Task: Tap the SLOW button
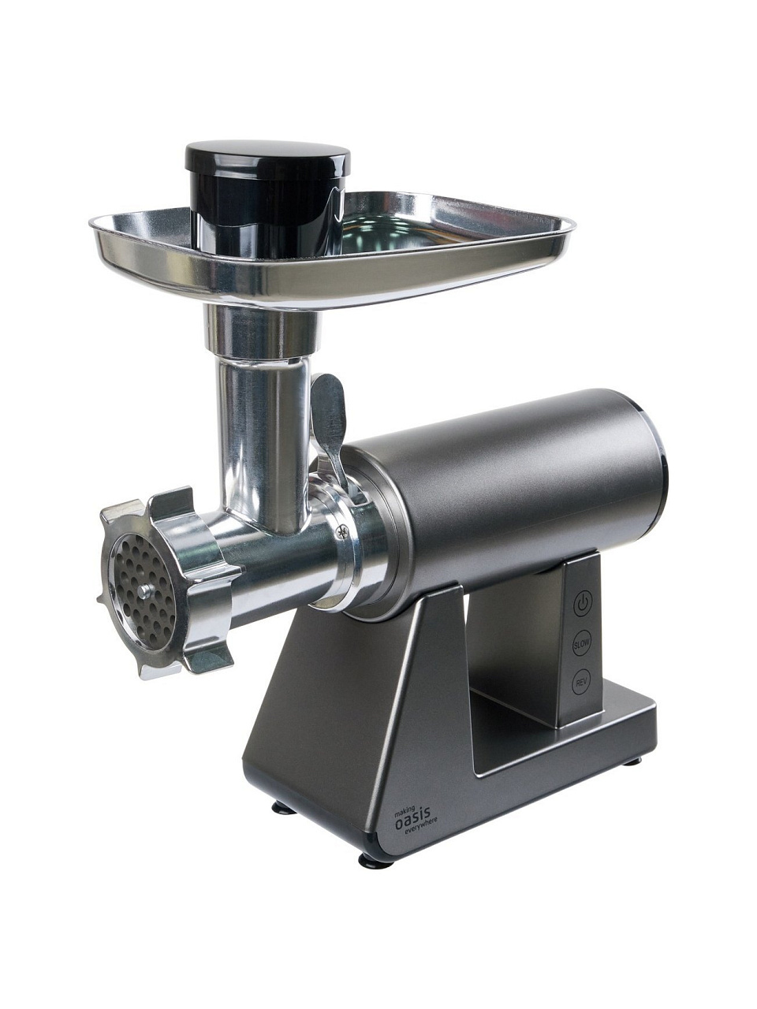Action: click(x=581, y=645)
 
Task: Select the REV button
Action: click(x=581, y=683)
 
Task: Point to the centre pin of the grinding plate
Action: click(x=145, y=590)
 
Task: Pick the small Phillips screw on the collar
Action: click(x=341, y=533)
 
